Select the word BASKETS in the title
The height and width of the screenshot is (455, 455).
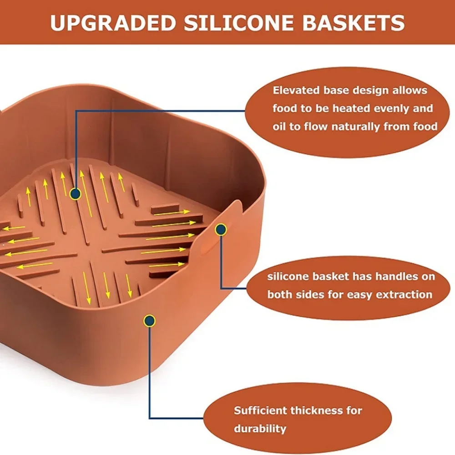(x=354, y=23)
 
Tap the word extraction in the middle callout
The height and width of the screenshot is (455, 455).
(x=405, y=294)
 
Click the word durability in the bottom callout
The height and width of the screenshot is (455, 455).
(x=260, y=428)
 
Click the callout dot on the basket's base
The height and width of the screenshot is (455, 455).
(x=76, y=194)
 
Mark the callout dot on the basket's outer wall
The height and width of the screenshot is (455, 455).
(x=149, y=321)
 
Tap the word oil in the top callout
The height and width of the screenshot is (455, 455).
(x=280, y=126)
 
